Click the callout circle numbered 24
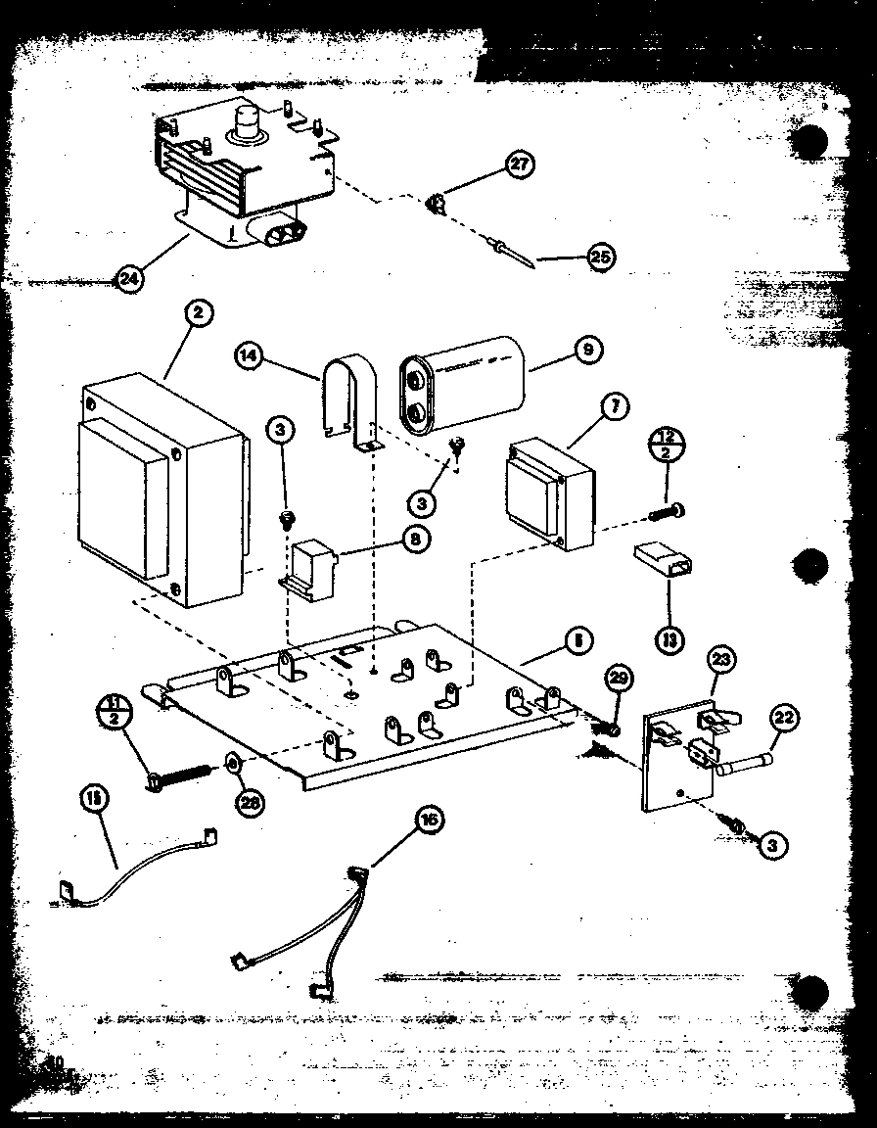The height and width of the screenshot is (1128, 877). coord(128,280)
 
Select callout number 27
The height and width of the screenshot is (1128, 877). coord(520,164)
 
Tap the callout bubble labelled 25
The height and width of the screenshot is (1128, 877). coord(600,258)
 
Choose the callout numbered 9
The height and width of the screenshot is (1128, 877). coord(588,348)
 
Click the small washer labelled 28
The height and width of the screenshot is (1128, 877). coord(234,761)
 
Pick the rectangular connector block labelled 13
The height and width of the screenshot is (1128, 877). coord(660,565)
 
